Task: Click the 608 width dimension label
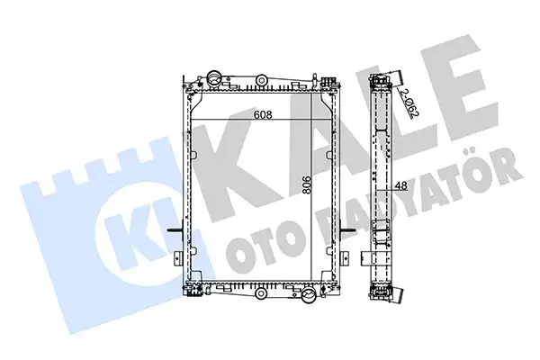[263, 114]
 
